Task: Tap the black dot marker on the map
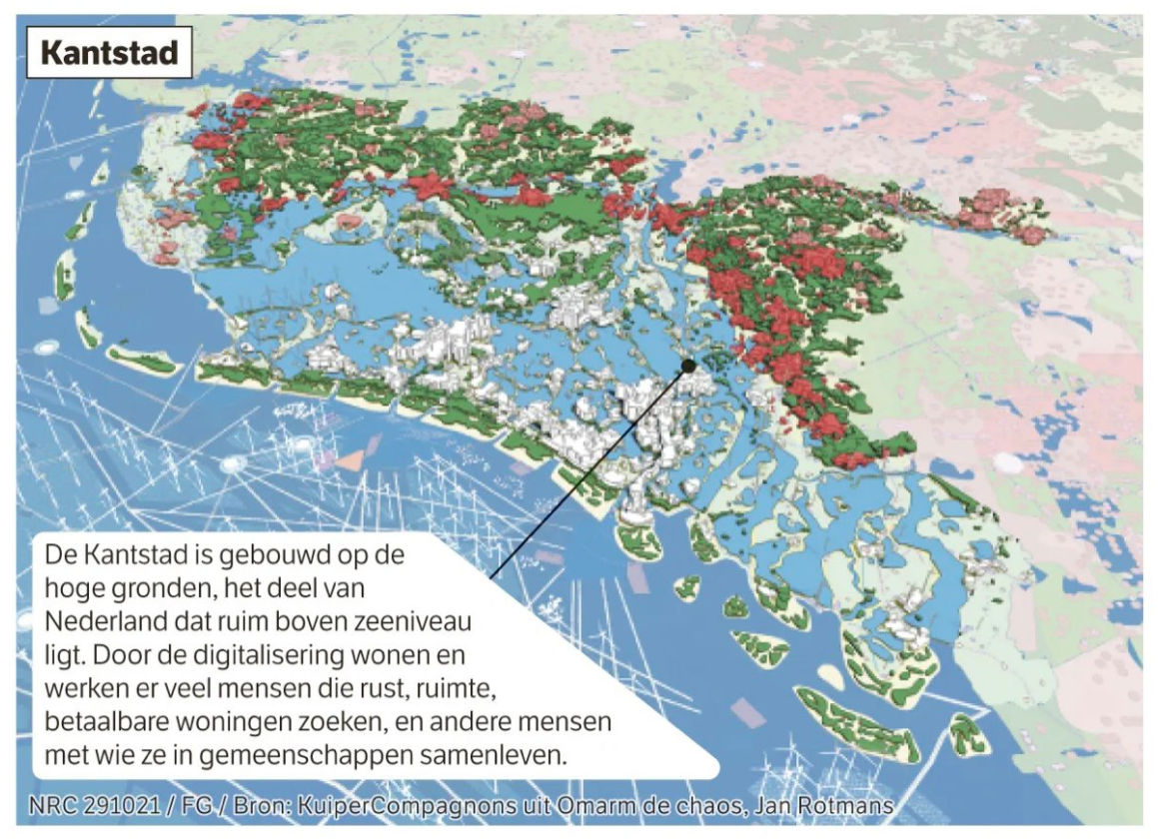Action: pos(687,367)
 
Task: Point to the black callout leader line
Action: pos(589,469)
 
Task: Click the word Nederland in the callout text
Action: pos(102,621)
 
